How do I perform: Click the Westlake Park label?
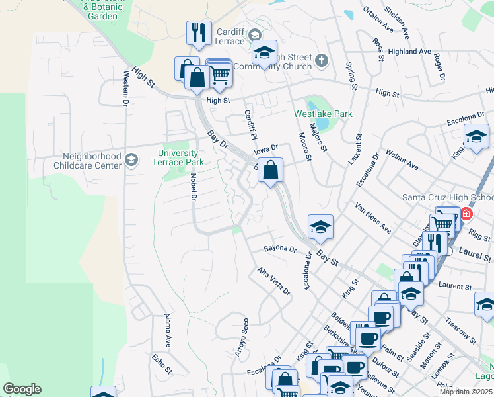point(324,114)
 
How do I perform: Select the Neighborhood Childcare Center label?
point(92,161)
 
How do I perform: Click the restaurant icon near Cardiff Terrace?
point(198,32)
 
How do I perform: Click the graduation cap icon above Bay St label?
point(320,226)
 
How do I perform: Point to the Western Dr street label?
point(125,89)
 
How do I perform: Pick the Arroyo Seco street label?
point(241,337)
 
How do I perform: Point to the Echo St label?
point(162,364)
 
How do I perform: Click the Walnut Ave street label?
point(402,159)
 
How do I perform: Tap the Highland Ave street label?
point(409,51)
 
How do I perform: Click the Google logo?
point(22,389)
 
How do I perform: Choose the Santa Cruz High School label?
point(448,197)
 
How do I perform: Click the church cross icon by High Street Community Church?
point(322,61)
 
